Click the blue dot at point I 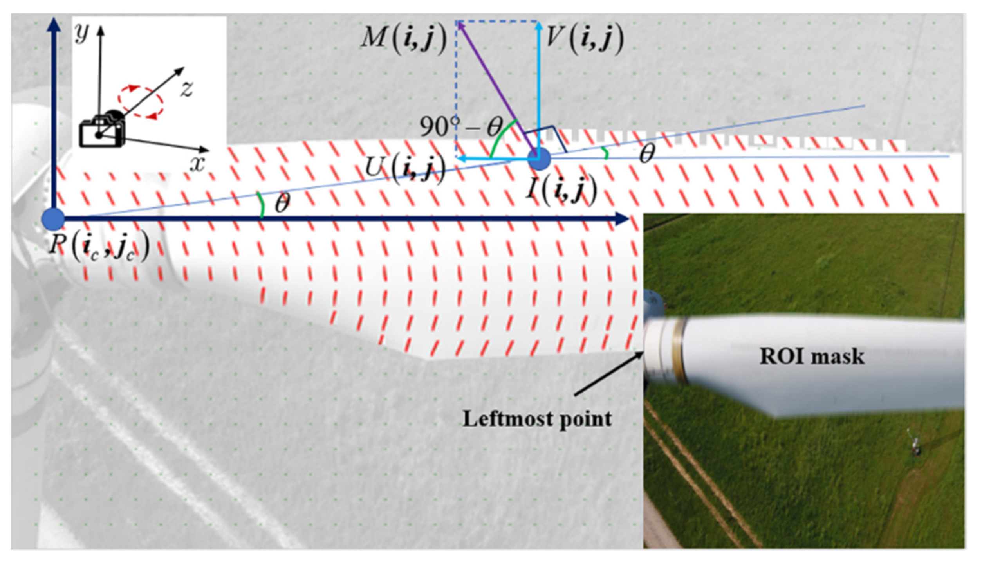point(539,159)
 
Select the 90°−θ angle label point(460,126)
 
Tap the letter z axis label point(187,89)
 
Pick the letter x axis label point(197,164)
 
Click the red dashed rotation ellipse point(141,101)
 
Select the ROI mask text point(812,357)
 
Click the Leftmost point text point(537,419)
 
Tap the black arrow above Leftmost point point(609,373)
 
